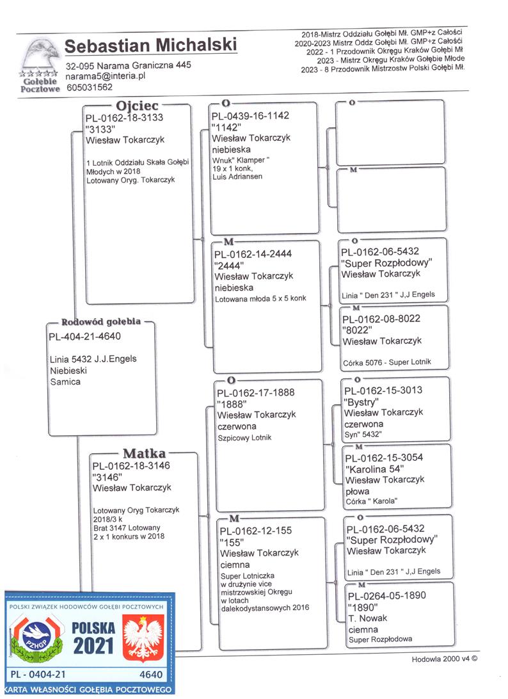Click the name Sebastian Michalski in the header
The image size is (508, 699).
tap(150, 45)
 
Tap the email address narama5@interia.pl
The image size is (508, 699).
tap(106, 76)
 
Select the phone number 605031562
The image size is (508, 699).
tap(90, 87)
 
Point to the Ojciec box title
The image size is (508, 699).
tap(137, 106)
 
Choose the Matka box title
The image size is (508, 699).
tap(144, 453)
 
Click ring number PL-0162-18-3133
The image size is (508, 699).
tap(124, 118)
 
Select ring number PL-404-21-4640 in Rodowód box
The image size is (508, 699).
tap(84, 336)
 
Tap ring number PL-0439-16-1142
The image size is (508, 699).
tap(250, 116)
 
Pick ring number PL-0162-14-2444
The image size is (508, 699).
tap(253, 254)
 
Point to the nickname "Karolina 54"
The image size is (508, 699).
tap(374, 469)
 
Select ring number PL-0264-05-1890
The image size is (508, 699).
tap(387, 595)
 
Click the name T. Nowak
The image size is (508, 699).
tap(368, 618)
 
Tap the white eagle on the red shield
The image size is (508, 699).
tap(143, 637)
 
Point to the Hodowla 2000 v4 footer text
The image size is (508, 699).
tap(444, 659)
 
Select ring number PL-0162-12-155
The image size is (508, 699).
tap(256, 531)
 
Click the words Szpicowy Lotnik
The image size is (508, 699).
tap(244, 438)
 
